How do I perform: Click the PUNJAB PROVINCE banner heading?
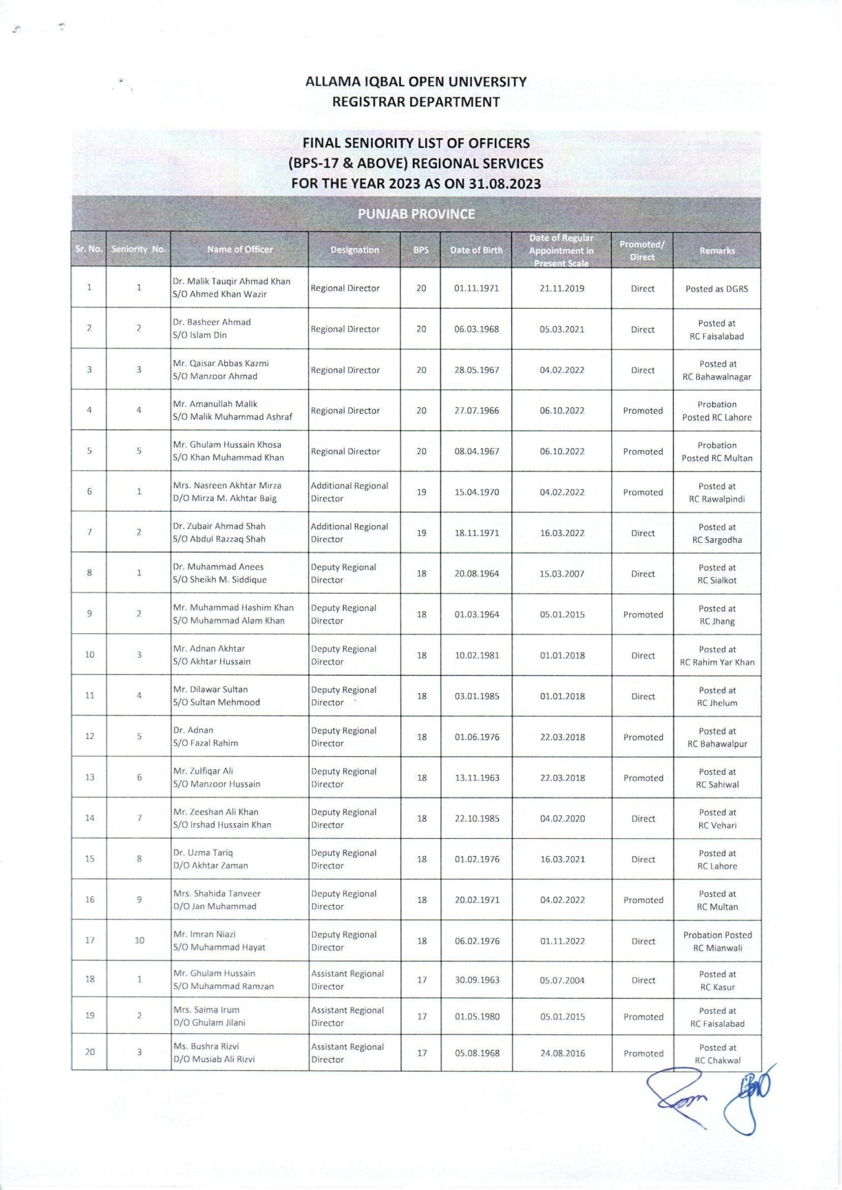click(x=416, y=214)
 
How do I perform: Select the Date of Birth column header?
click(x=476, y=250)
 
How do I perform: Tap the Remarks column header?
click(x=716, y=251)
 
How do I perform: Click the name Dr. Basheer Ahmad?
click(x=211, y=322)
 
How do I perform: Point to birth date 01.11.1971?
click(x=476, y=288)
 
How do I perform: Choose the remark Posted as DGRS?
click(x=716, y=289)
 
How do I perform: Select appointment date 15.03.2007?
click(x=562, y=574)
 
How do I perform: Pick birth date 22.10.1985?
click(x=477, y=818)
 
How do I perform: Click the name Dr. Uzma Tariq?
click(x=203, y=853)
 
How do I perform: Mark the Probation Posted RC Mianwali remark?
click(x=717, y=941)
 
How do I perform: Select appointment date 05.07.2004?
click(x=562, y=980)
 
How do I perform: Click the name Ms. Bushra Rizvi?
click(x=206, y=1047)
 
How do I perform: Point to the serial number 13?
click(x=89, y=777)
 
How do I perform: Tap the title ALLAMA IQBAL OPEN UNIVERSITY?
click(x=416, y=82)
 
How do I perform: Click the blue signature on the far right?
click(x=747, y=1097)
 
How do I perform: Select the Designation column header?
click(x=354, y=250)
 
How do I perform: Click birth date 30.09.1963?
click(x=477, y=980)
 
